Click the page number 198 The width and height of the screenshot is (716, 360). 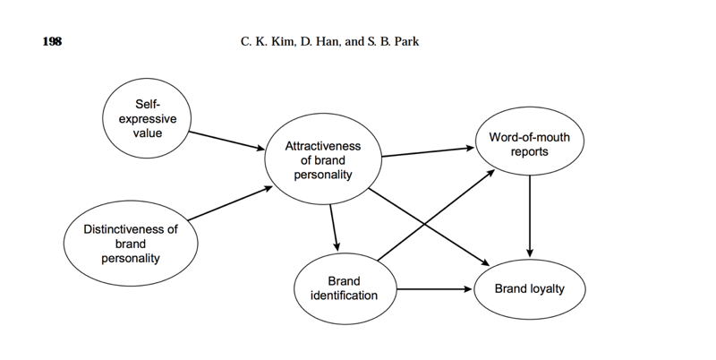(52, 42)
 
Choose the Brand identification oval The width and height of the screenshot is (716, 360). (344, 288)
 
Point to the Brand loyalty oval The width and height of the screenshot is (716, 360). (531, 289)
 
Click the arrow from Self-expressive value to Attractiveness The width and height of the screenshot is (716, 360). (226, 140)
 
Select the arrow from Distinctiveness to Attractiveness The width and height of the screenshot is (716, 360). (229, 203)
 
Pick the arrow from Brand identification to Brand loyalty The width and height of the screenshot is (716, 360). (434, 289)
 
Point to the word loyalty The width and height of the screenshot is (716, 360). (552, 289)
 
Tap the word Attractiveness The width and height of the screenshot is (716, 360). (323, 146)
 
